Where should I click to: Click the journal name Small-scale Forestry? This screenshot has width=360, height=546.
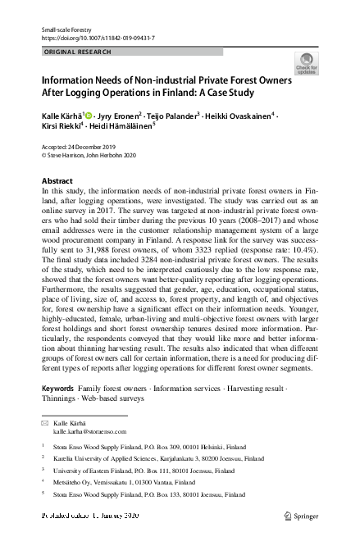pos(66,29)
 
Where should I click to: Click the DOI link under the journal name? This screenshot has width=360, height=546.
pos(98,39)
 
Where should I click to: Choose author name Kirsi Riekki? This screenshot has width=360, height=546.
pos(65,128)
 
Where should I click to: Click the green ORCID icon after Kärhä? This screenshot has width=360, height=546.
pos(89,115)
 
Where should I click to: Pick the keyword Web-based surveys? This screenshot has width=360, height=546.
pos(112,398)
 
